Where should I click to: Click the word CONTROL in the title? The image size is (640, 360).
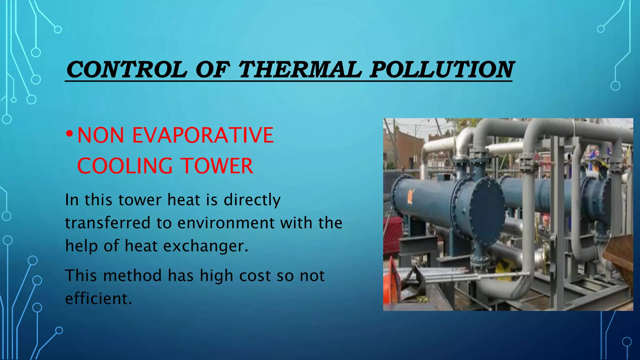pyautogui.click(x=127, y=69)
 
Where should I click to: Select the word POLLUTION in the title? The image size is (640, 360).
pyautogui.click(x=441, y=69)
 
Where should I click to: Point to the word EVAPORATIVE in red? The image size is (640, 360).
pyautogui.click(x=203, y=135)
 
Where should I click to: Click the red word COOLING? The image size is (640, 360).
pyautogui.click(x=125, y=166)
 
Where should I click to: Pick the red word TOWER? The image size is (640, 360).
pyautogui.click(x=217, y=166)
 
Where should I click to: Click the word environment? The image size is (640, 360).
pyautogui.click(x=226, y=223)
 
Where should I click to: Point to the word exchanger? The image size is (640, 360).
pyautogui.click(x=206, y=246)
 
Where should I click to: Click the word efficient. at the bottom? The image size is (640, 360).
pyautogui.click(x=98, y=298)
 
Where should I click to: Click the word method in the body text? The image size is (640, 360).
pyautogui.click(x=132, y=276)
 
